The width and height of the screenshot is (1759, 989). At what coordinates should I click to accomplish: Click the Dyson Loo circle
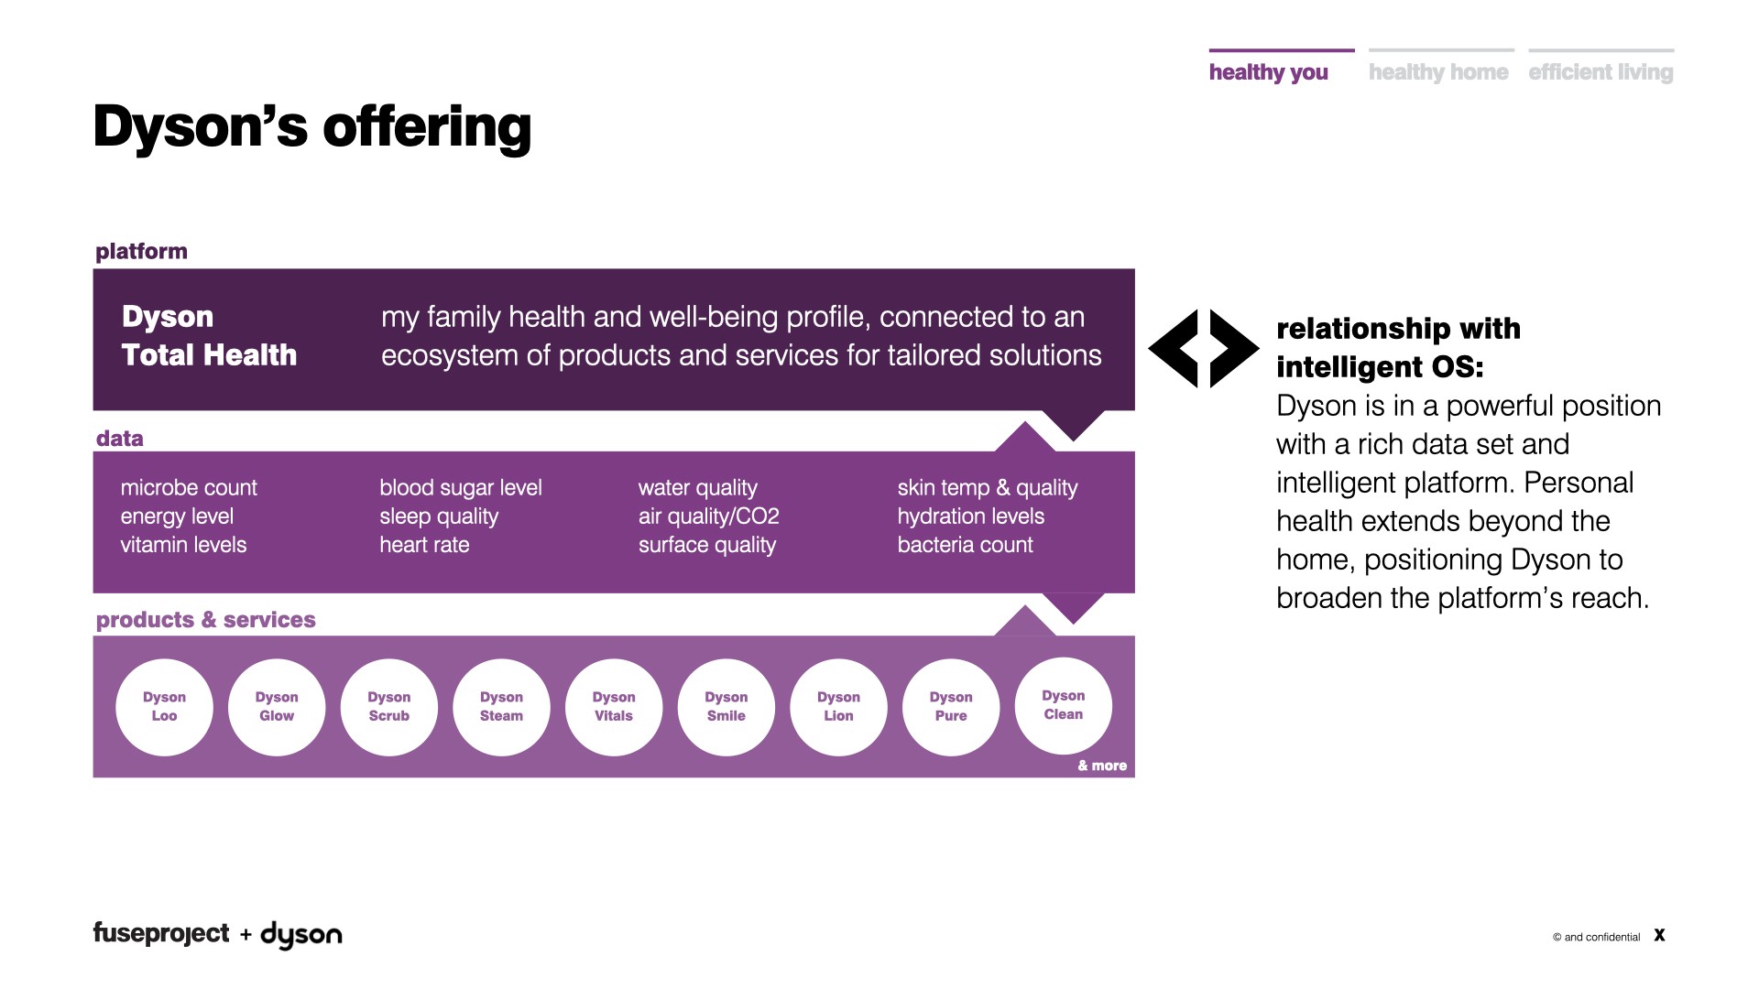164,707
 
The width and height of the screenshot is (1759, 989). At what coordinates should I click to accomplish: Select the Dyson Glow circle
277,707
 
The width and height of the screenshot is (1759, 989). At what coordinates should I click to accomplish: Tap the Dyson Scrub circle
388,707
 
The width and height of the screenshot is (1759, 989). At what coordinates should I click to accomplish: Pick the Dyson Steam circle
501,707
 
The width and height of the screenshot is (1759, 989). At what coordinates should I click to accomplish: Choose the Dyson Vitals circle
614,707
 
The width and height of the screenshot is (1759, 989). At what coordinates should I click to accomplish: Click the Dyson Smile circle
726,707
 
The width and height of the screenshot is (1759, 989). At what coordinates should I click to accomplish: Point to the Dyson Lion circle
838,707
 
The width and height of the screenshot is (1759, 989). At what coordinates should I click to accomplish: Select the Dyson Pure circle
951,707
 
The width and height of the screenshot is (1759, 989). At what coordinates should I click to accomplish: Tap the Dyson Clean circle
1063,706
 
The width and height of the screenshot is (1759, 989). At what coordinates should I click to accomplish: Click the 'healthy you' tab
1269,71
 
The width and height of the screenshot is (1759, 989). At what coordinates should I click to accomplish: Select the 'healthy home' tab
1438,71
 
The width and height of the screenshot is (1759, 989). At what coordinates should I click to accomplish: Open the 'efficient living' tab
1601,71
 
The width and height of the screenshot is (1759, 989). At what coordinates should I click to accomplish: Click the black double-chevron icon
1203,349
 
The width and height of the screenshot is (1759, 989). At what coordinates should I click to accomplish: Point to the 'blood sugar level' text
461,488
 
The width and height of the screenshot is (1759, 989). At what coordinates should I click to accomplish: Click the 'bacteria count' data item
965,545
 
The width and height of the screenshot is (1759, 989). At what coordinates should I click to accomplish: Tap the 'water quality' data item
698,488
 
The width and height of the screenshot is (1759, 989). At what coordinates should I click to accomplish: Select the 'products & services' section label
205,620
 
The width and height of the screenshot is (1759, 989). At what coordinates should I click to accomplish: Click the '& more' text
1102,766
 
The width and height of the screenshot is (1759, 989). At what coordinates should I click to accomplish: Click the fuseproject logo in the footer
161,934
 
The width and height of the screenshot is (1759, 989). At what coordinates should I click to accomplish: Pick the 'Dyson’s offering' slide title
311,126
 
